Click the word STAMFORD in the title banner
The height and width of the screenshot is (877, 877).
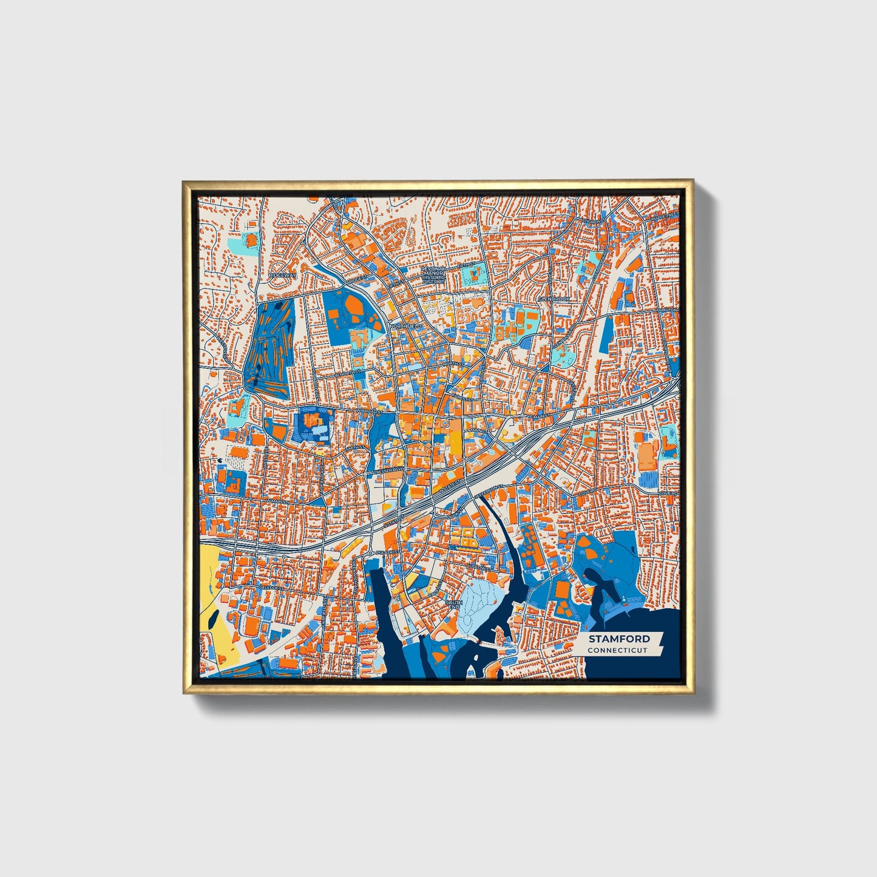pos(618,638)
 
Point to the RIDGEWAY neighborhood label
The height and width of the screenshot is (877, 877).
pos(283,275)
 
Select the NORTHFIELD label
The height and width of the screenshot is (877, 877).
pos(405,326)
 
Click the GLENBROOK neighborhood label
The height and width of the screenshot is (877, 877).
pos(554,299)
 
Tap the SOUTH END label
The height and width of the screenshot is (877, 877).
pos(454,605)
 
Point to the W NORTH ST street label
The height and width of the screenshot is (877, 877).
pos(351,371)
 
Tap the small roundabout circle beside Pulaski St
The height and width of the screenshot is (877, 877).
pos(370,554)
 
